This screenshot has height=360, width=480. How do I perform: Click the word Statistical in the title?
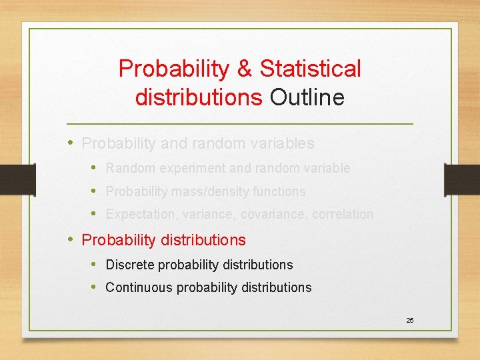(310, 68)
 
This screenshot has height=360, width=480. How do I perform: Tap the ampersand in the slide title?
(243, 68)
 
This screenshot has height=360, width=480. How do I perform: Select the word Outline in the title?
(307, 97)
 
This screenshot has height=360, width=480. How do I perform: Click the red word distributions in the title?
(199, 97)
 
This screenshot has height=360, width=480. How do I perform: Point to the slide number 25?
(410, 321)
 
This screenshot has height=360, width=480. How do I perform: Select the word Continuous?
(135, 287)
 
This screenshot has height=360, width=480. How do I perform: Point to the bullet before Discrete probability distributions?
(94, 265)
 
